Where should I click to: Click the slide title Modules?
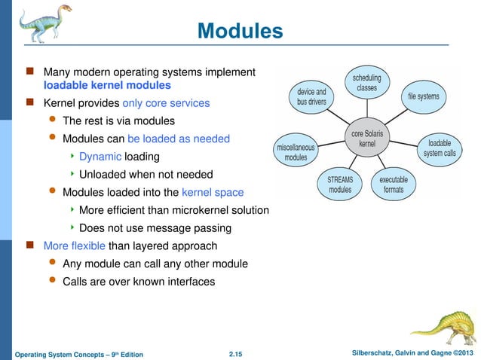(x=240, y=31)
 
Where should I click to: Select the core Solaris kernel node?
(x=368, y=138)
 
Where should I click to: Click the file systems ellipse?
(x=423, y=96)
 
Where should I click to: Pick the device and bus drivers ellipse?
(x=311, y=96)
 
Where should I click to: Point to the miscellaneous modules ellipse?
(x=296, y=152)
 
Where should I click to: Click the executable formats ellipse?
(x=394, y=185)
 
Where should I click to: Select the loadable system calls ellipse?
(x=439, y=148)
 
